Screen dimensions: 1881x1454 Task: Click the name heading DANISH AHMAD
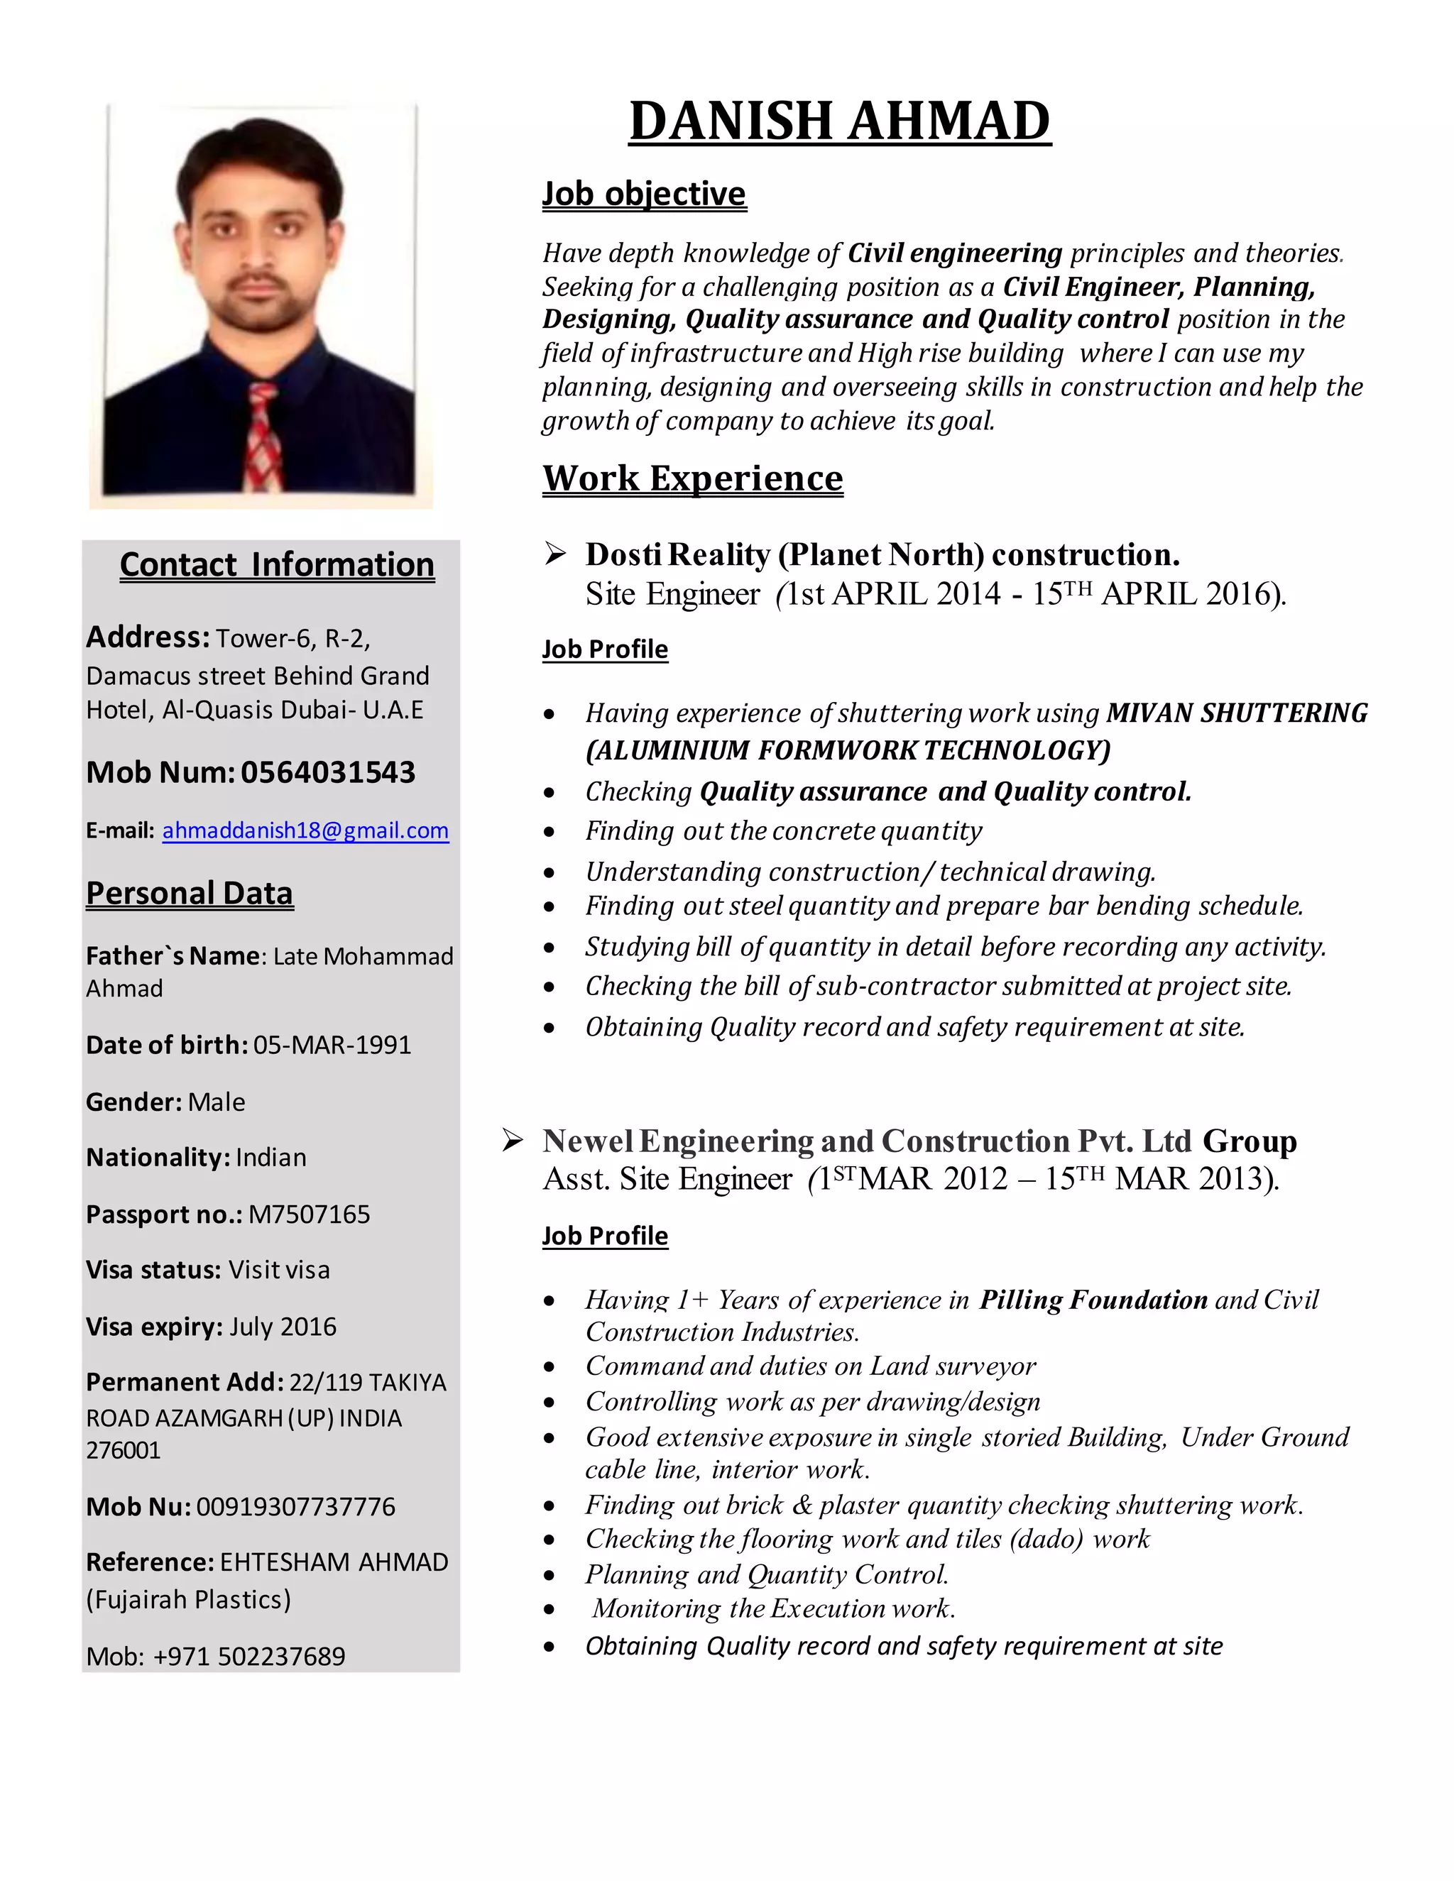839,121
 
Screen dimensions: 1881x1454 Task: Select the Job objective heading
643,194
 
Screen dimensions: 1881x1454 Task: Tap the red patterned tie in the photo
263,435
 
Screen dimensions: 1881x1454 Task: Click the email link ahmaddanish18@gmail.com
305,830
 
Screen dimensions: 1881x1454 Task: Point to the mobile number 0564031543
327,772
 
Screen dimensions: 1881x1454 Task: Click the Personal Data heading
190,893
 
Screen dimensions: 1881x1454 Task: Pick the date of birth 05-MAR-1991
332,1045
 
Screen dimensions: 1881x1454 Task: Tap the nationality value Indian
270,1158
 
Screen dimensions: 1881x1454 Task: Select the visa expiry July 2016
283,1327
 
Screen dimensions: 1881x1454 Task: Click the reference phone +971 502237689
249,1656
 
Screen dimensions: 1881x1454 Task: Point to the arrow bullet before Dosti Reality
556,554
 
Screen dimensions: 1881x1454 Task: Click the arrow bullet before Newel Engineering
513,1141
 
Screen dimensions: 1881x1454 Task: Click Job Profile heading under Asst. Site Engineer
605,1236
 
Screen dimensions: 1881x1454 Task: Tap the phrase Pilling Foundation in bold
1093,1300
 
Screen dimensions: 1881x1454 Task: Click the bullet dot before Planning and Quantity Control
550,1576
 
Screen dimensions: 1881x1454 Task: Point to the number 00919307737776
295,1506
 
